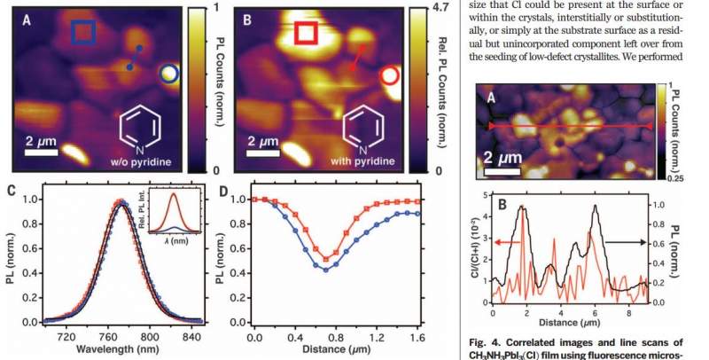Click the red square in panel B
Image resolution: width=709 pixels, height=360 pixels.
pyautogui.click(x=306, y=33)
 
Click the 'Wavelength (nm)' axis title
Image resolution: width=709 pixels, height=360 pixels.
pyautogui.click(x=114, y=349)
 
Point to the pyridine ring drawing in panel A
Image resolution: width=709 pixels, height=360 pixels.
pyautogui.click(x=141, y=127)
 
